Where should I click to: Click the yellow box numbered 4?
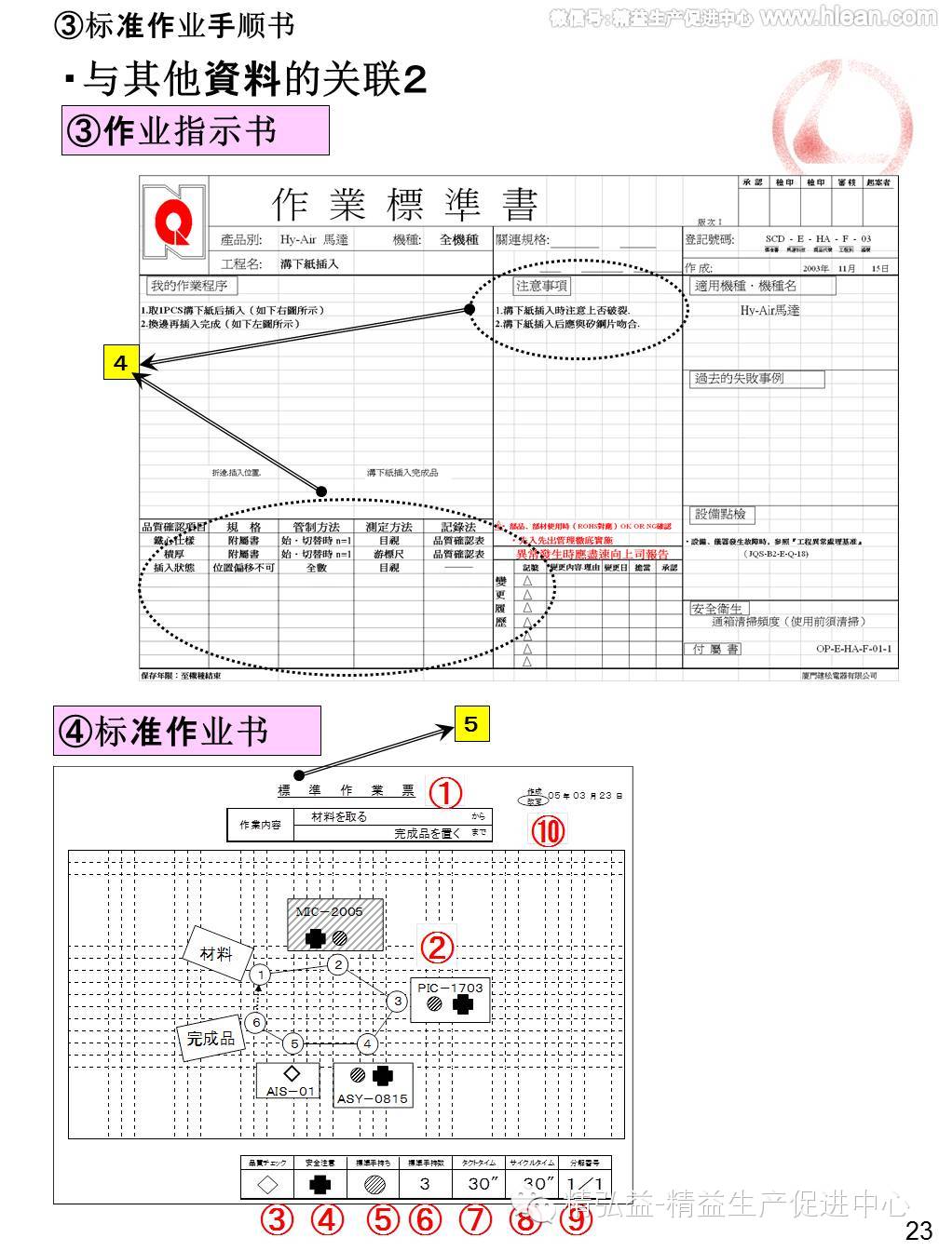[120, 362]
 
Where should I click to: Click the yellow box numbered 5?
[470, 724]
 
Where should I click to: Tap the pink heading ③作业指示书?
[196, 130]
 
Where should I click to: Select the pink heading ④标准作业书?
[187, 731]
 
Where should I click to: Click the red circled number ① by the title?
[445, 792]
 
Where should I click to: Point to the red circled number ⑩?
[548, 829]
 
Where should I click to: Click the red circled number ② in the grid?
[436, 947]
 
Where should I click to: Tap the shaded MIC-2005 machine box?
[334, 924]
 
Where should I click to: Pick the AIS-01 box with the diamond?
[287, 1081]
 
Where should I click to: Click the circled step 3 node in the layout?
[398, 1002]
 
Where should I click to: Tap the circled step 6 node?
[255, 1022]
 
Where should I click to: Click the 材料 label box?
[216, 954]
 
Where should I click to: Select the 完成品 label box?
[211, 1038]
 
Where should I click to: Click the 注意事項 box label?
[542, 286]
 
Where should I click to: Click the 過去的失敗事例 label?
[756, 379]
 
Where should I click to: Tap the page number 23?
[919, 1231]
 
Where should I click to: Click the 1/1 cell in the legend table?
[585, 1183]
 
